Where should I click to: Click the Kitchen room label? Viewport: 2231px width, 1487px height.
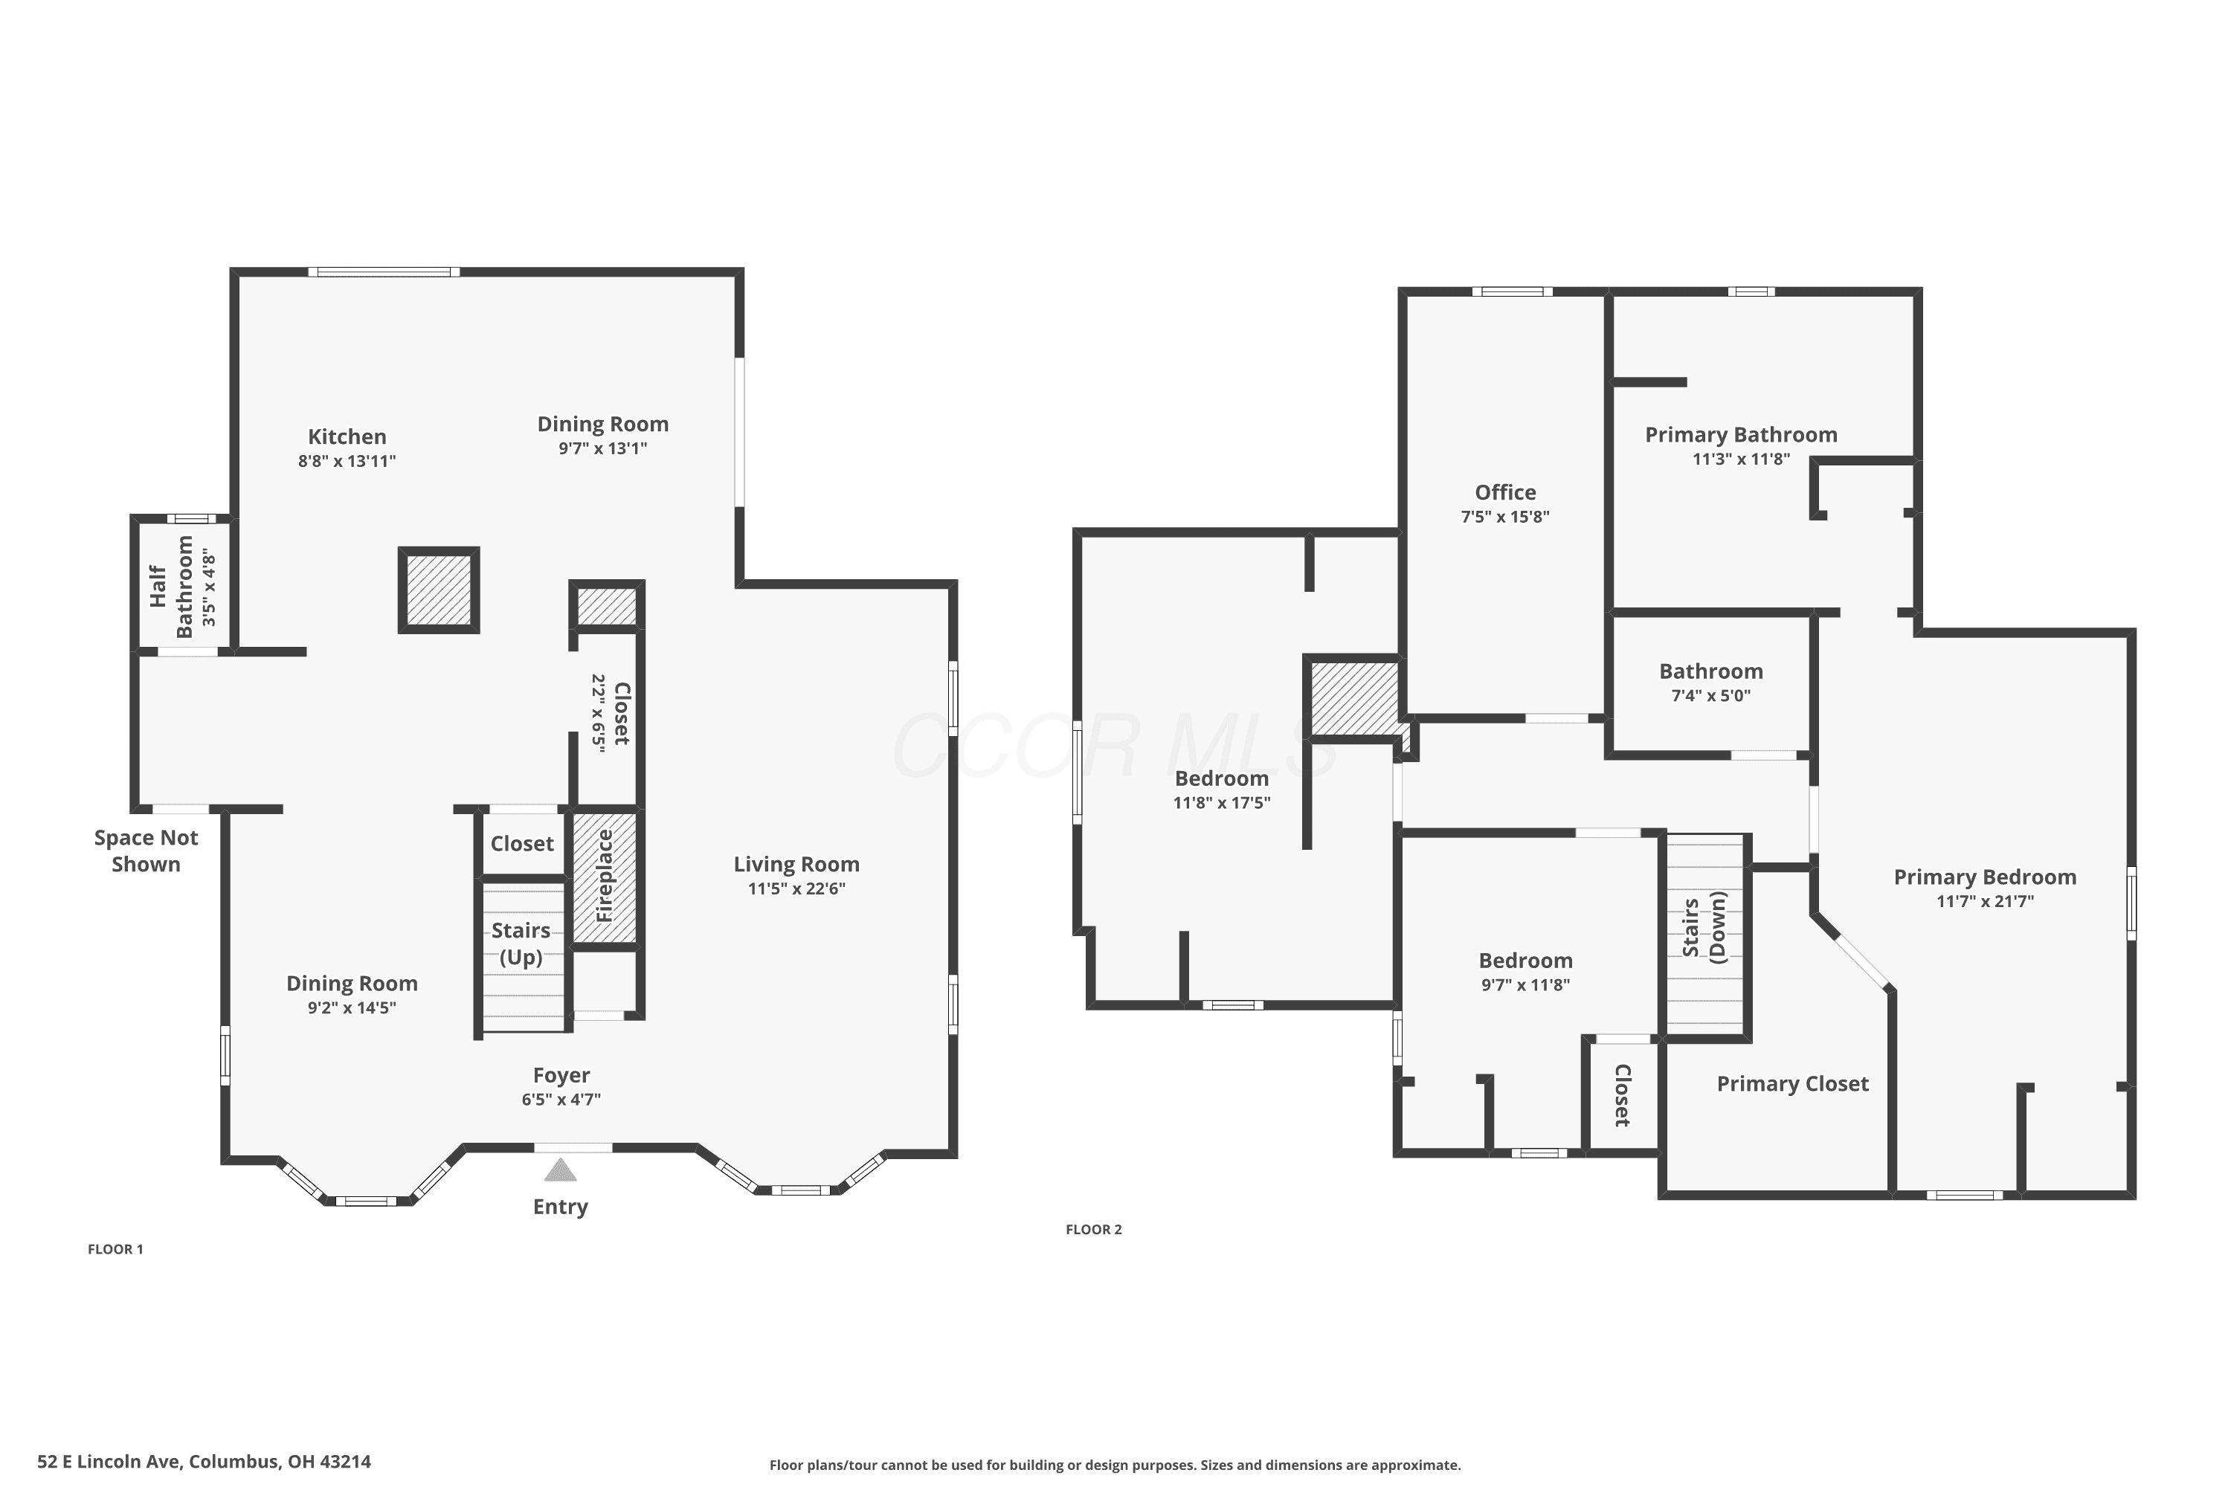point(347,436)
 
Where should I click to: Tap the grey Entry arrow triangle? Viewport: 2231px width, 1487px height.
point(561,1170)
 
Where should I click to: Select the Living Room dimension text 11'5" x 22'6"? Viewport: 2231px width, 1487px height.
point(796,888)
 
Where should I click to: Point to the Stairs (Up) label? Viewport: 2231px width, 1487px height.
point(521,944)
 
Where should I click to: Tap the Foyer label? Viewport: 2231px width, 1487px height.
point(561,1074)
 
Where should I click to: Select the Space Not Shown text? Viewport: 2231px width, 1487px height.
point(146,851)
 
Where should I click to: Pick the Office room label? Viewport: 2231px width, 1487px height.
point(1505,492)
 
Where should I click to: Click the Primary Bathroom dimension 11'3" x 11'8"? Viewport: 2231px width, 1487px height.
point(1742,459)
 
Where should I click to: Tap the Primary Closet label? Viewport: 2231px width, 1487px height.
point(1793,1084)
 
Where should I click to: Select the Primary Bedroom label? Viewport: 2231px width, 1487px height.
point(1986,877)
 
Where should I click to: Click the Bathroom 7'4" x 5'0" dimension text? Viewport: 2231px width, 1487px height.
point(1711,695)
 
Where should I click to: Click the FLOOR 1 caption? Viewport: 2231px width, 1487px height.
point(116,1249)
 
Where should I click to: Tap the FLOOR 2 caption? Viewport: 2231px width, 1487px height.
point(1094,1229)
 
